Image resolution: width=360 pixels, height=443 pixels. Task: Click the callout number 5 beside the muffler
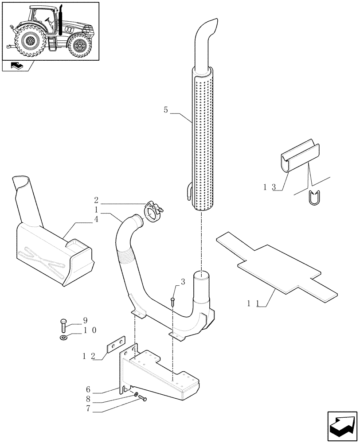click(165, 110)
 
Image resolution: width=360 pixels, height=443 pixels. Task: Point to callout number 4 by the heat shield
click(96, 218)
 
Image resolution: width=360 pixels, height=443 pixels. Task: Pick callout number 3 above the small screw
click(182, 282)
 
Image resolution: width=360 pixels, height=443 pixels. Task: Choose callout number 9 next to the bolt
click(86, 320)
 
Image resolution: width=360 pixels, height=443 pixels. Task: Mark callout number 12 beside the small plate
click(90, 355)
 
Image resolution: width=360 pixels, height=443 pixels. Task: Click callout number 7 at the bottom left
click(89, 408)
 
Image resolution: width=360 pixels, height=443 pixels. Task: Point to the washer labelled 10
click(64, 339)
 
